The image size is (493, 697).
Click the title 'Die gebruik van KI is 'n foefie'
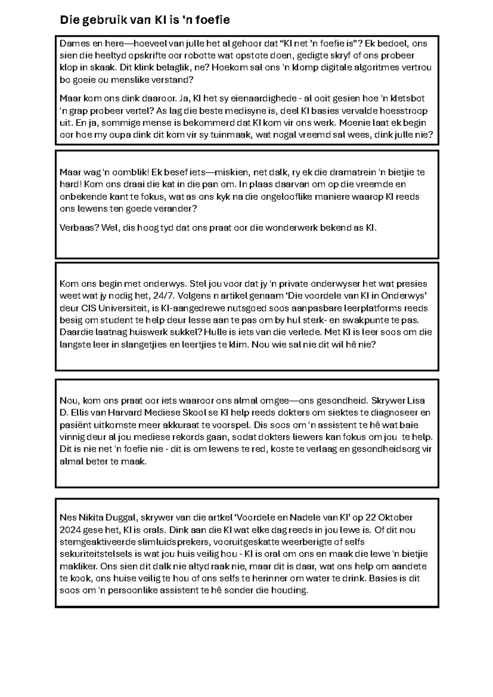[x=145, y=20]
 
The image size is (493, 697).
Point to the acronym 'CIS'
[x=90, y=308]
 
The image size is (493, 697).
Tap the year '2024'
[x=70, y=530]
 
